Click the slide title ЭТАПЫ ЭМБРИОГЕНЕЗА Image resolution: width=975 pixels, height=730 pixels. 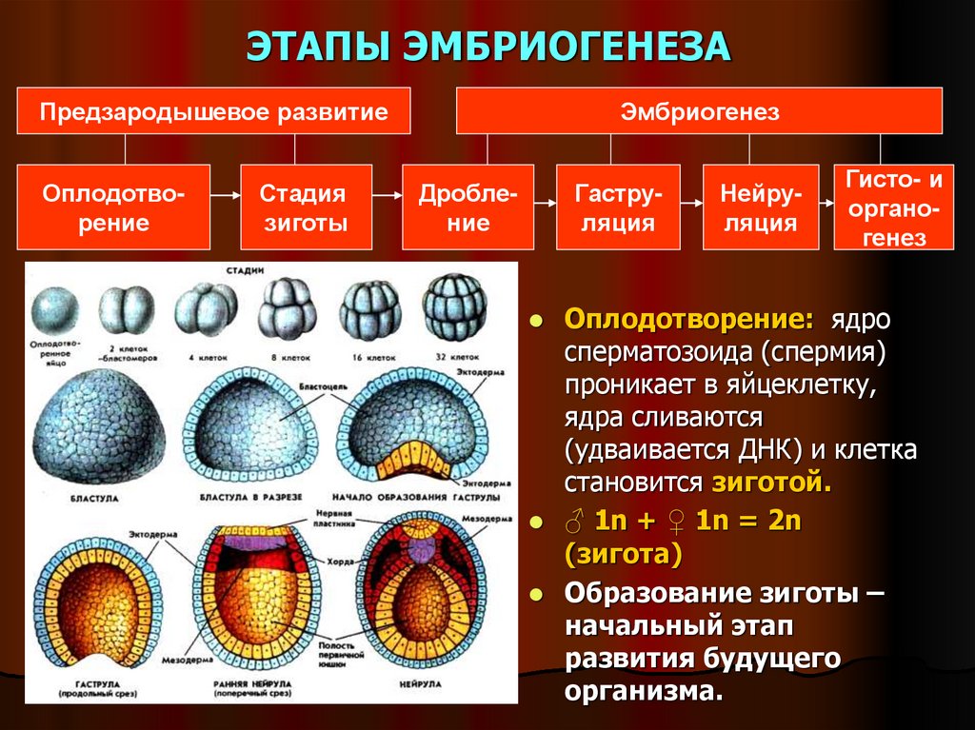click(x=488, y=47)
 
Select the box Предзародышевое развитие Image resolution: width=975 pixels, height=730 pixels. click(x=213, y=111)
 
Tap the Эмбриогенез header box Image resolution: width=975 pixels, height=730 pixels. click(x=699, y=111)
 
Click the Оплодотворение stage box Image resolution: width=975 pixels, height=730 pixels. click(x=115, y=208)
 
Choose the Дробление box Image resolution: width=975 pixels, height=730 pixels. click(x=468, y=208)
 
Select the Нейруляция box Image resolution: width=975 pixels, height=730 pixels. click(x=759, y=208)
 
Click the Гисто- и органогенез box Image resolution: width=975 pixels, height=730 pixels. click(x=893, y=208)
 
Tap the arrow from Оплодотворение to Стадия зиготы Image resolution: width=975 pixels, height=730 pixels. click(x=226, y=195)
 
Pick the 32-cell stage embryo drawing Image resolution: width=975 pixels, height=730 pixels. click(x=453, y=308)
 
